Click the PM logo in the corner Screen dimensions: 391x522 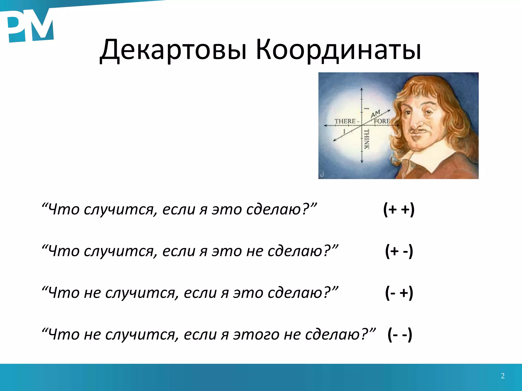pos(30,27)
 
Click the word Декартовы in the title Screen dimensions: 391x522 pos(173,50)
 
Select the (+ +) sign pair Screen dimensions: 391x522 pos(399,209)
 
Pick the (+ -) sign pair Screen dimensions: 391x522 pos(399,251)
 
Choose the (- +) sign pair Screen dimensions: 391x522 pos(399,293)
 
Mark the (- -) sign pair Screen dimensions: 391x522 pos(399,334)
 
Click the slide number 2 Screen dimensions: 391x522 pos(503,376)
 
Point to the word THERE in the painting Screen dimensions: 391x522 pos(345,121)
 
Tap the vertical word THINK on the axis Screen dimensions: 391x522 pos(366,139)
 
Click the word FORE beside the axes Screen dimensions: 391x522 pos(382,121)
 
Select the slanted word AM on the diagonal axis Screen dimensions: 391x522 pos(375,114)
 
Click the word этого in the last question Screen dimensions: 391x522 pos(256,334)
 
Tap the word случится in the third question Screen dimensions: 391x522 pos(142,293)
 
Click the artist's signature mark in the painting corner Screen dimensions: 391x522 pos(322,174)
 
